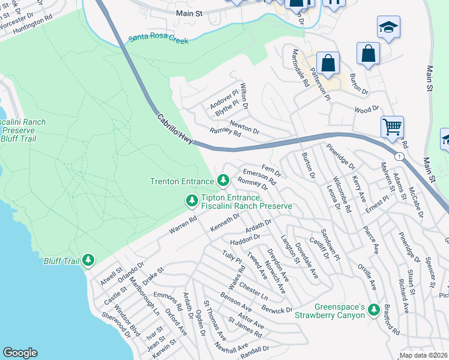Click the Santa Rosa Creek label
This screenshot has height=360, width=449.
pos(158,41)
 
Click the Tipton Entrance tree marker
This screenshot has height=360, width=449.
pos(191,200)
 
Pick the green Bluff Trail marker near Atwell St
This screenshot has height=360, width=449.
pos(88,260)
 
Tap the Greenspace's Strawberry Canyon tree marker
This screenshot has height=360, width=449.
pos(373,310)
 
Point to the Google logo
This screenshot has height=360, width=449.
pos(20,353)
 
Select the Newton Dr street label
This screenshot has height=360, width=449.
pos(244,127)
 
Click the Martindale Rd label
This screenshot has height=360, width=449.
pos(301,68)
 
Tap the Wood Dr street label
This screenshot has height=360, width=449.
pos(367,109)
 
